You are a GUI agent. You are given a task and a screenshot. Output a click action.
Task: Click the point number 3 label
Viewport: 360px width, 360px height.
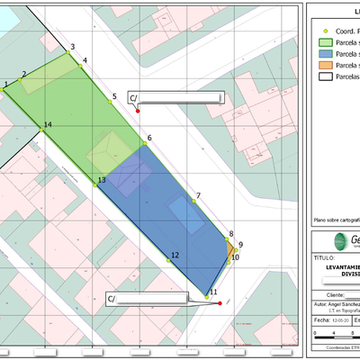[72, 45]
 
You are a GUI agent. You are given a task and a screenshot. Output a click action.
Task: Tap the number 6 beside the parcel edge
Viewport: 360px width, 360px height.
[148, 138]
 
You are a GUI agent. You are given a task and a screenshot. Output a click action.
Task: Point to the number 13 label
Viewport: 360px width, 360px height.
[102, 181]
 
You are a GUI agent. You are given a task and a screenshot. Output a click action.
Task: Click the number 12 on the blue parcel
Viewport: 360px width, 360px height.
[175, 256]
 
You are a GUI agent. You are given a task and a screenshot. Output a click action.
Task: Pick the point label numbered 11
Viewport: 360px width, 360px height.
[213, 292]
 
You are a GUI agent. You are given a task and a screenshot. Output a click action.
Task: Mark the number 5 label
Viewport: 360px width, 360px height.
[114, 96]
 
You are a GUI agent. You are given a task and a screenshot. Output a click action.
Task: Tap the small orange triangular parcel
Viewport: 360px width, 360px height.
[231, 247]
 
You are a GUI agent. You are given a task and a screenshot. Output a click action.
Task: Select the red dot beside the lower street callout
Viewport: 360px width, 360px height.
[220, 303]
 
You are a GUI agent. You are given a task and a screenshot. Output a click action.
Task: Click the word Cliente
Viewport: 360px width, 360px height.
[337, 294]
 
